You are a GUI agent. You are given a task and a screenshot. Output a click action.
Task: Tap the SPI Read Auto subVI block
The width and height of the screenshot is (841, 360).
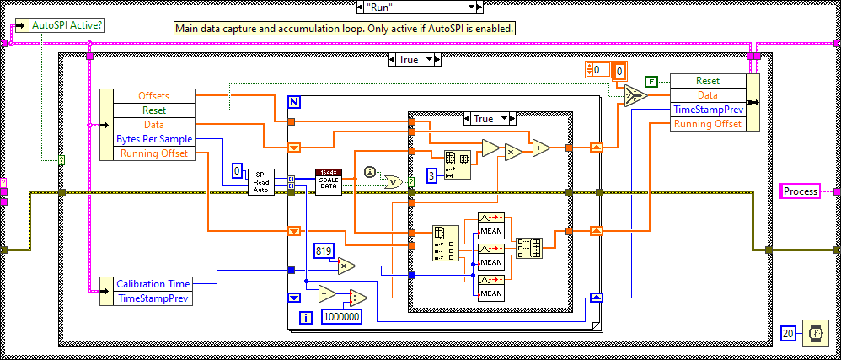261,180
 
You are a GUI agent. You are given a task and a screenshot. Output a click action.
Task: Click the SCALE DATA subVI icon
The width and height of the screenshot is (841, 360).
328,181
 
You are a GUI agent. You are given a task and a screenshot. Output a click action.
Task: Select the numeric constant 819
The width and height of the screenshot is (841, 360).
324,250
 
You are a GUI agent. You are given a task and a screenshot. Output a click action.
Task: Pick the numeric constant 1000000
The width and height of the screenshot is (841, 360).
341,317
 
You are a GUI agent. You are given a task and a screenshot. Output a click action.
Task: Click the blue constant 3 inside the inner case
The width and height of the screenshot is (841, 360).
431,175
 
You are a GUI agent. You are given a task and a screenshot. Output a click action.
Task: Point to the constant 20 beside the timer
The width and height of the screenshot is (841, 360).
788,332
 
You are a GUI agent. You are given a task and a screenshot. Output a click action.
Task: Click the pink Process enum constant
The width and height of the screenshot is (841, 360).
801,191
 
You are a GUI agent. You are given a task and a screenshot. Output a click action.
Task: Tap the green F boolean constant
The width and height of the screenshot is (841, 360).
651,81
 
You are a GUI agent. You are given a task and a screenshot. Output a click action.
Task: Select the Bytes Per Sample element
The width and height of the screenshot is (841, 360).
153,138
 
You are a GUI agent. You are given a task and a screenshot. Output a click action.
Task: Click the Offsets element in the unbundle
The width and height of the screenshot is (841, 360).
153,95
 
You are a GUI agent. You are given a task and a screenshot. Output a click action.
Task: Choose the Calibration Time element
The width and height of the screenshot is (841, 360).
153,284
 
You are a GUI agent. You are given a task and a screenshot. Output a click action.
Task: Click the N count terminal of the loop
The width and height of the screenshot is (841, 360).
293,102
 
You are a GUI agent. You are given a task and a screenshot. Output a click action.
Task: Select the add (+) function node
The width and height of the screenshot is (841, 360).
540,148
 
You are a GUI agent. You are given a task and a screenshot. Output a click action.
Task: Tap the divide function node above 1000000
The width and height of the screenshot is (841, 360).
358,296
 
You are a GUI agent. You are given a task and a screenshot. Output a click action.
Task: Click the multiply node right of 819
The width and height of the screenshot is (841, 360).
346,265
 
